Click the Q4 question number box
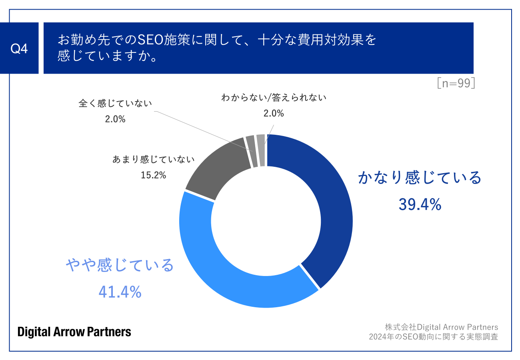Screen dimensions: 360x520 click(19, 48)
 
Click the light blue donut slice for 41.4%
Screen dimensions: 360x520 click(224, 276)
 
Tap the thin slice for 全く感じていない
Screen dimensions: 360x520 click(250, 152)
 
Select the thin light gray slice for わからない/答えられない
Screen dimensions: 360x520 click(261, 150)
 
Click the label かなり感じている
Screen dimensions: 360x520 click(420, 178)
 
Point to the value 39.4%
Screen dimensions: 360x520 click(420, 204)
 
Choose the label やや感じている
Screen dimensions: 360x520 click(120, 265)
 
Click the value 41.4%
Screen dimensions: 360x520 click(120, 292)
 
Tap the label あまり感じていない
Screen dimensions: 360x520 click(153, 160)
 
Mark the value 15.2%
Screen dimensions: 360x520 click(153, 175)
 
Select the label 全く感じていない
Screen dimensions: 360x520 click(115, 104)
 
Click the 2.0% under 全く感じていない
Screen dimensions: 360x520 click(115, 119)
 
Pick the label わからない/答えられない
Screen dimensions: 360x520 click(274, 98)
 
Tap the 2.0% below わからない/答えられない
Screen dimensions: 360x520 click(274, 114)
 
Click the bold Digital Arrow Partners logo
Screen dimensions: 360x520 click(74, 332)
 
